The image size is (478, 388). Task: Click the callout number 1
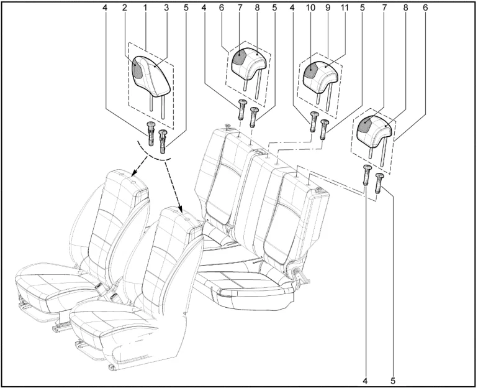point(145,7)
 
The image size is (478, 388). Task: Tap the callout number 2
point(124,7)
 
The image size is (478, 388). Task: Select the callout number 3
point(166,7)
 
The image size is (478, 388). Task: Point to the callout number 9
point(328,7)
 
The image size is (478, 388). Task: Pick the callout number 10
point(310,7)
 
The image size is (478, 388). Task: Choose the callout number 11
point(344,7)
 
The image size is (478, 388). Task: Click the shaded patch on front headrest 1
point(138,69)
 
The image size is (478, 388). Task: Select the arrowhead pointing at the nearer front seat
point(181,210)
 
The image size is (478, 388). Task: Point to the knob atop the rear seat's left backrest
point(227,126)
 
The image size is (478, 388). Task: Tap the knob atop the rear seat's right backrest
point(319,190)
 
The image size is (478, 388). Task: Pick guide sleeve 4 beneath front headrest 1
point(151,134)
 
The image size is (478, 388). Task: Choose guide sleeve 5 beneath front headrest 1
point(163,141)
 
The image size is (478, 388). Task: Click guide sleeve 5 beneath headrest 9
point(324,129)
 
